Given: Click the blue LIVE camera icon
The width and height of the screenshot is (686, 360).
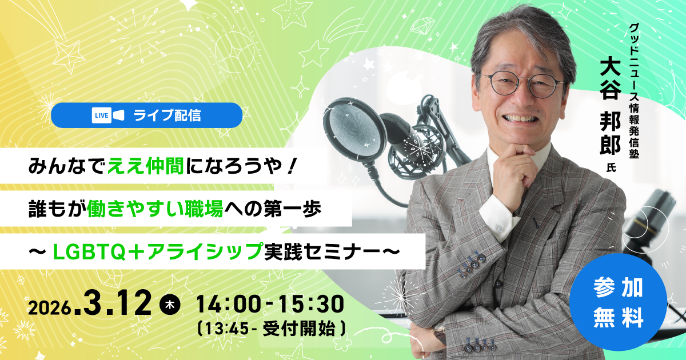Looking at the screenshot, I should coord(108,115).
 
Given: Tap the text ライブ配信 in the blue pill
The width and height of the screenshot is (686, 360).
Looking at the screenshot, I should coord(167,115).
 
